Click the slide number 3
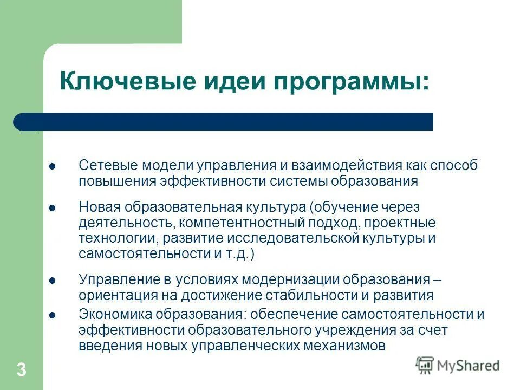coord(21,370)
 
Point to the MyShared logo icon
coord(425,365)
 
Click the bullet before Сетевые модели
coord(53,166)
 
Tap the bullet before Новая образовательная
coord(53,208)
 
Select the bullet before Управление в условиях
coord(53,281)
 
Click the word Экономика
coord(109,315)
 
